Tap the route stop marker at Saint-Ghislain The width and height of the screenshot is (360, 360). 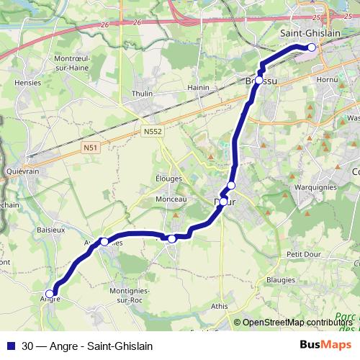[x=312, y=48]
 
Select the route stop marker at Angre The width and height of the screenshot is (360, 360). [x=50, y=293]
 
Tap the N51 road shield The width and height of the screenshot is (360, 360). [x=90, y=148]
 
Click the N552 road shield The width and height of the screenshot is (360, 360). [x=151, y=132]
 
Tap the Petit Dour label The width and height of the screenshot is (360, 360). [x=303, y=253]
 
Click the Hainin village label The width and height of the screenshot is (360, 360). [x=197, y=88]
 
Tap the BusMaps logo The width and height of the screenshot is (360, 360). [x=325, y=346]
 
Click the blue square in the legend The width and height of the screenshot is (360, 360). [x=11, y=346]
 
